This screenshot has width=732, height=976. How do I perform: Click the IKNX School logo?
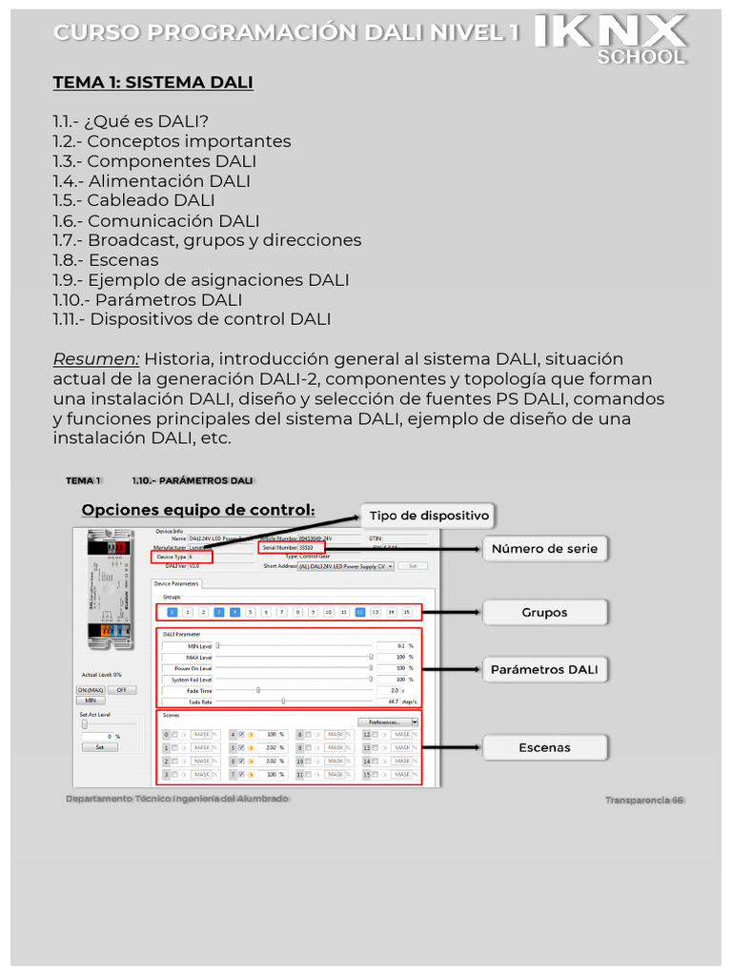point(610,38)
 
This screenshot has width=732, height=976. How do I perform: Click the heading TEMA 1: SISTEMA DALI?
point(152,82)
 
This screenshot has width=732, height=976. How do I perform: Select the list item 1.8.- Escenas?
point(106,260)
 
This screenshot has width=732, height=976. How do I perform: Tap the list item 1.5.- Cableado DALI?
point(133,200)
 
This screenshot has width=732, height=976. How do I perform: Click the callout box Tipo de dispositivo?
point(428,516)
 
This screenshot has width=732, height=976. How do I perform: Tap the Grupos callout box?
point(544,613)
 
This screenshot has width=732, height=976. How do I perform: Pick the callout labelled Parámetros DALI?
point(544,670)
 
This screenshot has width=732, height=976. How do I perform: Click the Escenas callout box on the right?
point(544,748)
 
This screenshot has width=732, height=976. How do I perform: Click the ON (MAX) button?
point(91,689)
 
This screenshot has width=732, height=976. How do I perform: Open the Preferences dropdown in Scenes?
point(388,722)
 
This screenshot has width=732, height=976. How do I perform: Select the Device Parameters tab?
point(177,582)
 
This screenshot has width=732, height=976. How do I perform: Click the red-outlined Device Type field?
point(181,557)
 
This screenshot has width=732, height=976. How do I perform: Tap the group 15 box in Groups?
point(407,613)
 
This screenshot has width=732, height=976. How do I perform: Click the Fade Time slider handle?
point(258,690)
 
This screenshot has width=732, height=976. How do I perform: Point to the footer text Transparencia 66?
point(644,801)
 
